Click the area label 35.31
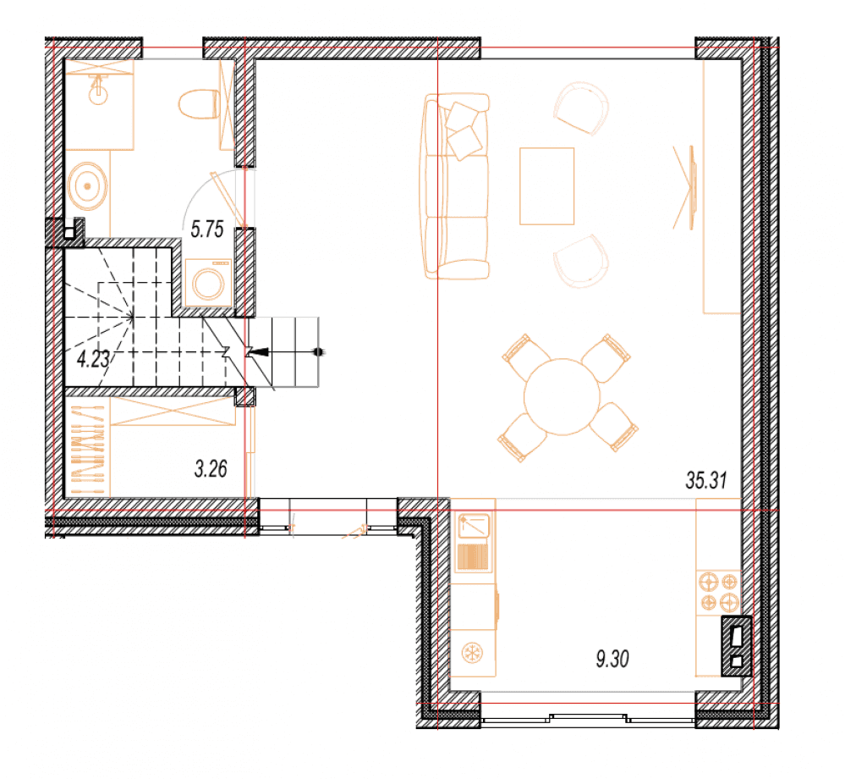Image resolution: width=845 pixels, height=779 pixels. (x=706, y=479)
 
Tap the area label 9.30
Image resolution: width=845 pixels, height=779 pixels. (x=612, y=659)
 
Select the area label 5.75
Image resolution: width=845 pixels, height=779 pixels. (x=207, y=229)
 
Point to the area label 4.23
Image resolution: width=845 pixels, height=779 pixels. (x=93, y=359)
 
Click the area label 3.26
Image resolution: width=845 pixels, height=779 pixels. (x=211, y=469)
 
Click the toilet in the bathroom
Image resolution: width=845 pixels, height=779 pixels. (x=199, y=104)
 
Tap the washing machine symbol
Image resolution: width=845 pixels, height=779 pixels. (x=209, y=283)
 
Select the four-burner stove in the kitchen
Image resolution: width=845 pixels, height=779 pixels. (x=718, y=592)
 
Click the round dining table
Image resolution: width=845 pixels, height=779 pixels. (x=562, y=397)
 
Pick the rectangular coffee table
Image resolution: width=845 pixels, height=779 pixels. (x=547, y=185)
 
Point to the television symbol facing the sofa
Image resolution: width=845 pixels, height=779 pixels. (x=686, y=187)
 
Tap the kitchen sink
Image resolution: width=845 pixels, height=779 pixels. (x=473, y=541)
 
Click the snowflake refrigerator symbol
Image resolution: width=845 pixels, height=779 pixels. (x=473, y=654)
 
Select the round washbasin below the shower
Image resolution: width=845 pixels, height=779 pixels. (x=88, y=186)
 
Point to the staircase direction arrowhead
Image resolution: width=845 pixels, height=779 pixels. (x=259, y=352)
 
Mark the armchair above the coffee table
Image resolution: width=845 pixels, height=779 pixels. (x=580, y=108)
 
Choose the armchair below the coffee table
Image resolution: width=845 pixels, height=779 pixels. (x=580, y=261)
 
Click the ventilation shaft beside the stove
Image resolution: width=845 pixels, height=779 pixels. (x=737, y=646)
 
